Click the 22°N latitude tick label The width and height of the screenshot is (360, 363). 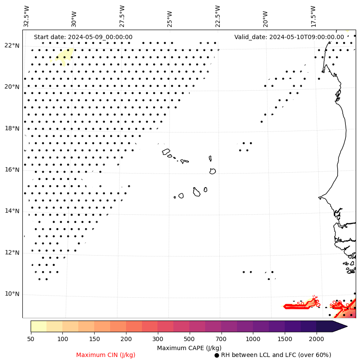[x=12, y=46]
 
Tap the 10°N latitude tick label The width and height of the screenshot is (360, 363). [x=12, y=294]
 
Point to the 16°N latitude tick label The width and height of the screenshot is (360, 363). [x=12, y=170]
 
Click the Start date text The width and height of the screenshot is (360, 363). [x=83, y=37]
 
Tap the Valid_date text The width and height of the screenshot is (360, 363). [x=289, y=37]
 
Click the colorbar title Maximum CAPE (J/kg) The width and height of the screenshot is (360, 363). [x=189, y=348]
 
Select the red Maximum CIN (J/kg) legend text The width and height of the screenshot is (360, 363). [x=106, y=355]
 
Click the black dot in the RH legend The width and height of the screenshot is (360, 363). [x=217, y=355]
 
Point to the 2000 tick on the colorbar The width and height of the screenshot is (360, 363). [x=317, y=339]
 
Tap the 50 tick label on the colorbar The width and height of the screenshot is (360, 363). [x=31, y=339]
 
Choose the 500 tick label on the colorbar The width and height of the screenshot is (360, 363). [x=189, y=339]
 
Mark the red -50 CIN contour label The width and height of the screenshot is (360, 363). [x=300, y=304]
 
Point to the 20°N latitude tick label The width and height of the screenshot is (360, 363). [x=12, y=87]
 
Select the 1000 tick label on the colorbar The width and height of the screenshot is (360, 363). [x=253, y=339]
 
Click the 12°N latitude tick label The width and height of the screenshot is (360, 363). [x=12, y=253]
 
